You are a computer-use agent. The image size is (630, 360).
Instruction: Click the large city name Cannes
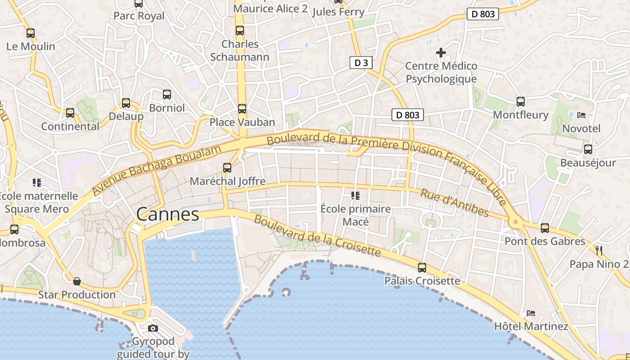[x=167, y=214]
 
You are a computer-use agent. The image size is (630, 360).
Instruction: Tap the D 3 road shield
[x=361, y=63]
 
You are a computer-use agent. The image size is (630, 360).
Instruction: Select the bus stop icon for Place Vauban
[x=242, y=108]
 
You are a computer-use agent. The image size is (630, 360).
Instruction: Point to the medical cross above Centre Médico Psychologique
[x=441, y=53]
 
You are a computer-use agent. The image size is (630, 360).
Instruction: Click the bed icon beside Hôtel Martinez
[x=531, y=313]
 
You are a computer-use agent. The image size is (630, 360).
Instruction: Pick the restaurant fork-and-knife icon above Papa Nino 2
[x=599, y=250]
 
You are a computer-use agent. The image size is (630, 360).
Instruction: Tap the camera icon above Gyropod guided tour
[x=153, y=328]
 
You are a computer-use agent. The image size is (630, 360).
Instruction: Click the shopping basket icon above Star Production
[x=77, y=281]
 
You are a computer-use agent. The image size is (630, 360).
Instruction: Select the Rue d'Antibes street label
[x=454, y=202]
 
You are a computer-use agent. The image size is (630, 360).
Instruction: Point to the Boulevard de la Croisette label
[x=317, y=236]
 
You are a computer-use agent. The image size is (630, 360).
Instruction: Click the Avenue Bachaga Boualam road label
[x=157, y=170]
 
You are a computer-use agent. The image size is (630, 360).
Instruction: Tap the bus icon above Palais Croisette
[x=422, y=268]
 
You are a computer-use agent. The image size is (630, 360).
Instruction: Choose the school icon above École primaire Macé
[x=355, y=195]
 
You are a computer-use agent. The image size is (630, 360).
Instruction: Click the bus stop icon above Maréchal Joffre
[x=227, y=168]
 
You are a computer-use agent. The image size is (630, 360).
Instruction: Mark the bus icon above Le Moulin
[x=31, y=33]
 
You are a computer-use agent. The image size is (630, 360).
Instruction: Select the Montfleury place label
[x=521, y=115]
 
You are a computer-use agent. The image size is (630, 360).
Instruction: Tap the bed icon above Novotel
[x=581, y=115]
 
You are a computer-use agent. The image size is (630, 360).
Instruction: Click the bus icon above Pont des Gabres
[x=545, y=228]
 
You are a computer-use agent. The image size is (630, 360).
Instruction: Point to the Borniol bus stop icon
[x=167, y=94]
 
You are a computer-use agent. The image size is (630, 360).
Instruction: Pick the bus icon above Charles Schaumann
[x=240, y=31]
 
